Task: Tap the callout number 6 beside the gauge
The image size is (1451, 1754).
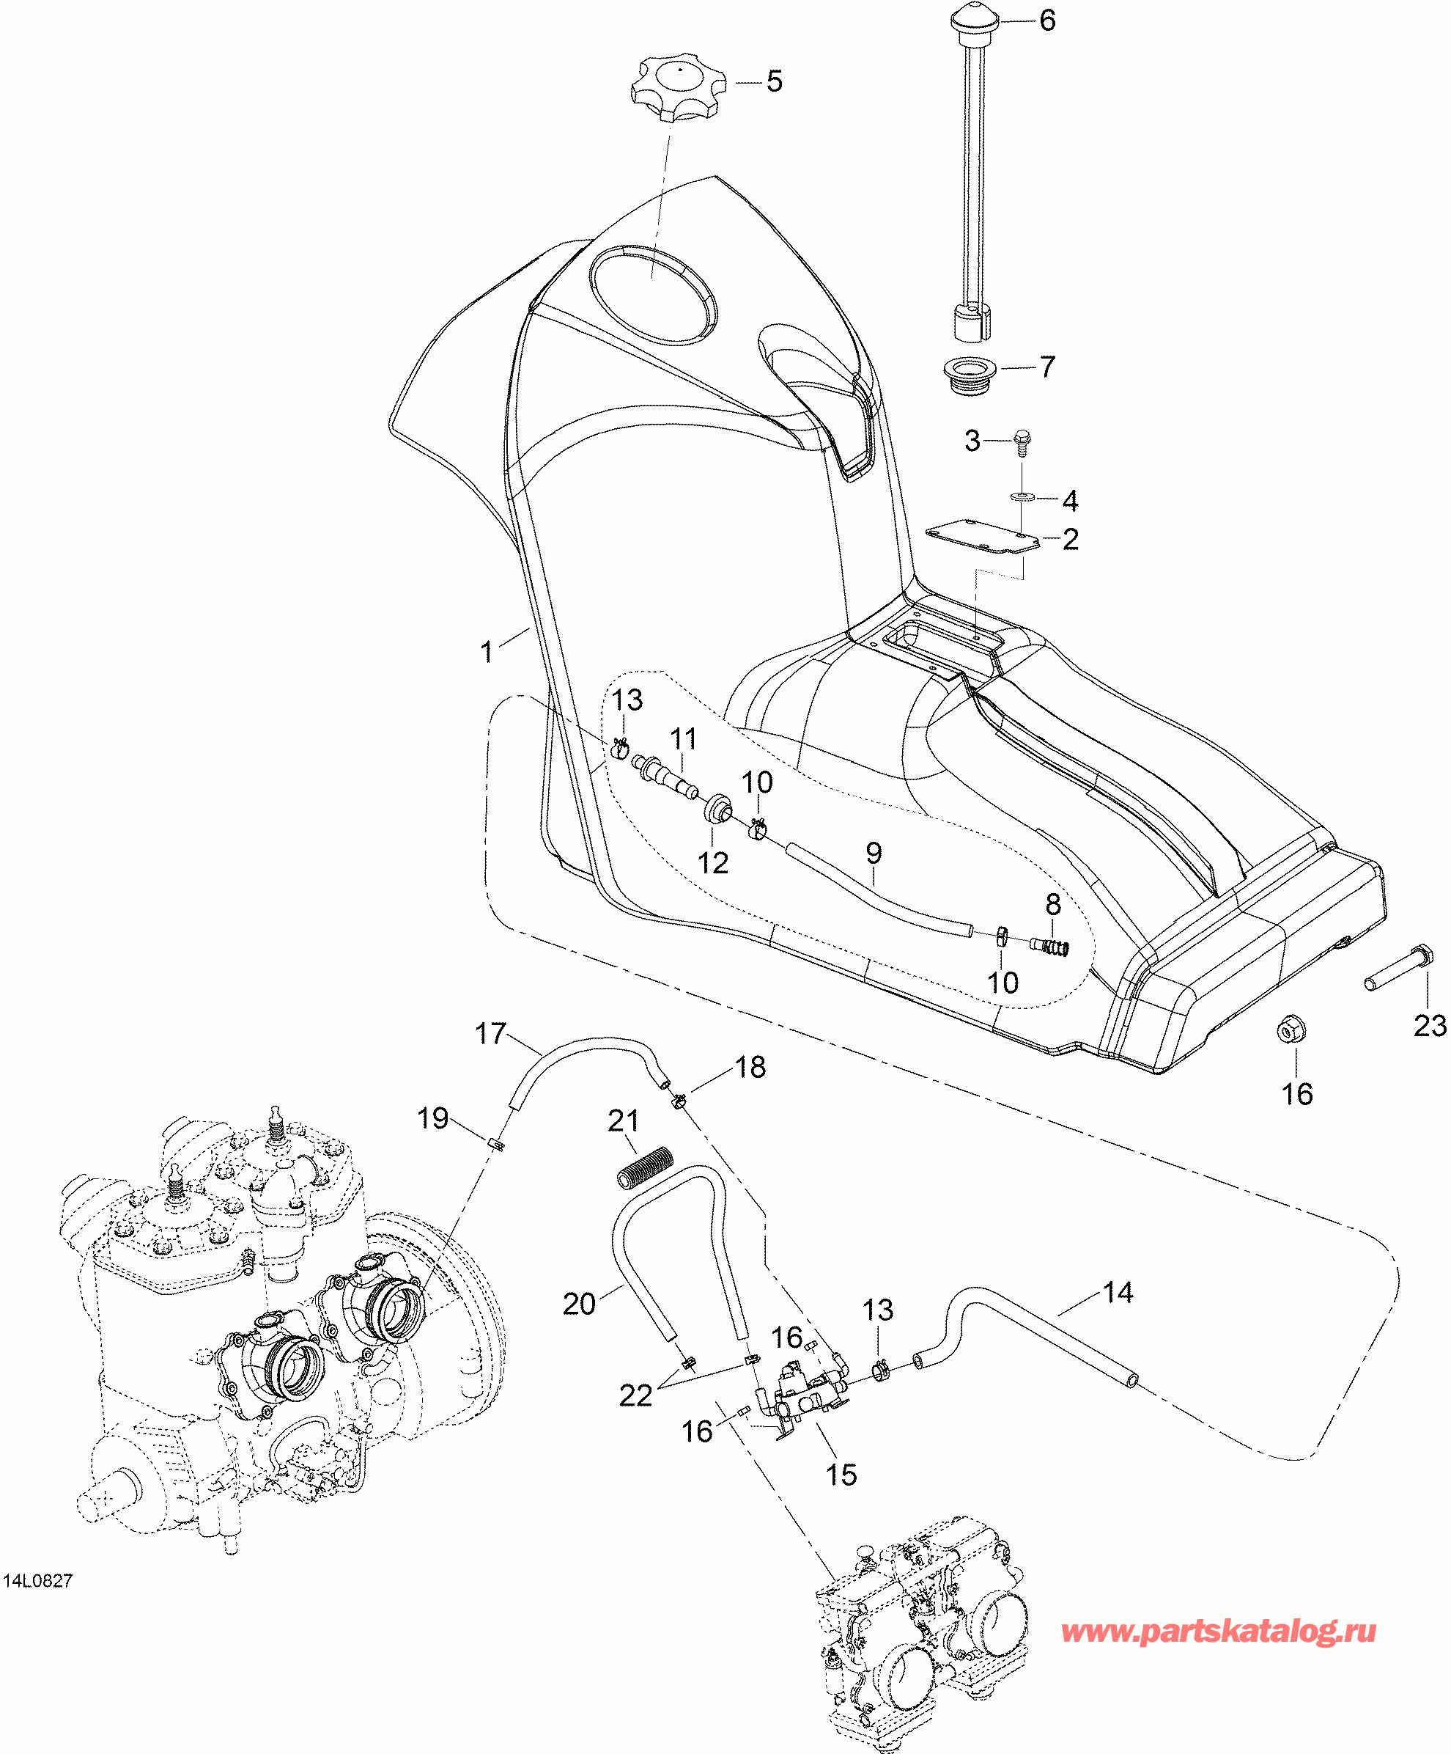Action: tap(1047, 20)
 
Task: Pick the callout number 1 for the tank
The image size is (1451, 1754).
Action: tap(487, 651)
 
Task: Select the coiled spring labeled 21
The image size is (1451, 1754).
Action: tap(644, 1167)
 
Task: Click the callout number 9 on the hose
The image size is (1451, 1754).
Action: tap(874, 853)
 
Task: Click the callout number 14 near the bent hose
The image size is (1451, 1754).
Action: tap(1118, 1293)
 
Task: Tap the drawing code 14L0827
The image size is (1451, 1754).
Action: tap(38, 1581)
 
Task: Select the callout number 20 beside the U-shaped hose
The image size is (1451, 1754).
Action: tap(580, 1304)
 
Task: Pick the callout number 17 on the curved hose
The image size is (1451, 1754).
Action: tap(491, 1033)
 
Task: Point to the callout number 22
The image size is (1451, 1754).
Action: tap(635, 1395)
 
